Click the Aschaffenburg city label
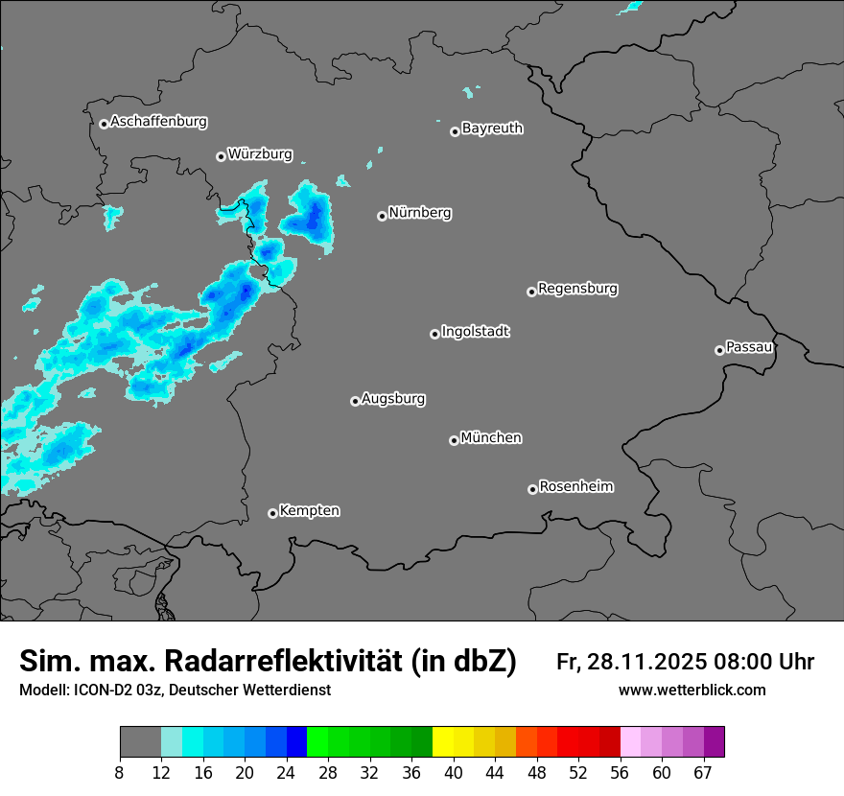158,122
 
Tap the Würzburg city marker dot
221,156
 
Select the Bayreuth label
492,128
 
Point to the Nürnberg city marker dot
382,216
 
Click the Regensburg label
577,289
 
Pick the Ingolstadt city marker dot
434,334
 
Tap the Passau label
749,346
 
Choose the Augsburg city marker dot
355,401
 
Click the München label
491,438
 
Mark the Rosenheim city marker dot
532,489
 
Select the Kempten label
309,511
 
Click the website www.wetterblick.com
692,691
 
